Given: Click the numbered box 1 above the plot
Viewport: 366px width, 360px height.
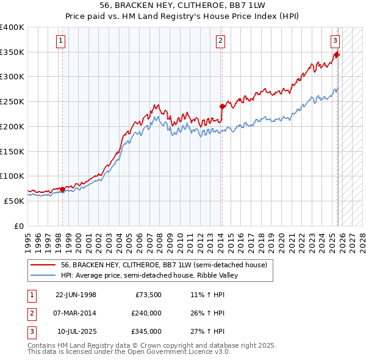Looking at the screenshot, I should point(62,41).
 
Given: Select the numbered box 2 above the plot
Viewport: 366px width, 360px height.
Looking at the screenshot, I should point(220,41).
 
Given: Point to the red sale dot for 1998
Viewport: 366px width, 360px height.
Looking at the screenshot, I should point(62,189).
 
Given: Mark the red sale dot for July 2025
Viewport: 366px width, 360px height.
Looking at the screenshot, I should point(337,55).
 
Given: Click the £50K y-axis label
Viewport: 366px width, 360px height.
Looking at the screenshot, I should point(13,201).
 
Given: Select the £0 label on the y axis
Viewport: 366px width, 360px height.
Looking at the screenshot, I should point(19,226).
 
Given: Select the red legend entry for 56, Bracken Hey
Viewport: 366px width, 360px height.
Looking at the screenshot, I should point(164,265).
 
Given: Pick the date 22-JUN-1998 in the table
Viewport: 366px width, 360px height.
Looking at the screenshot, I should point(76,295).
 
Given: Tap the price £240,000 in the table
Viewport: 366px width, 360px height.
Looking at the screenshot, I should point(146,313).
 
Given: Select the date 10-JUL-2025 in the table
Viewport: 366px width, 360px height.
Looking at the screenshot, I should point(76,331).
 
